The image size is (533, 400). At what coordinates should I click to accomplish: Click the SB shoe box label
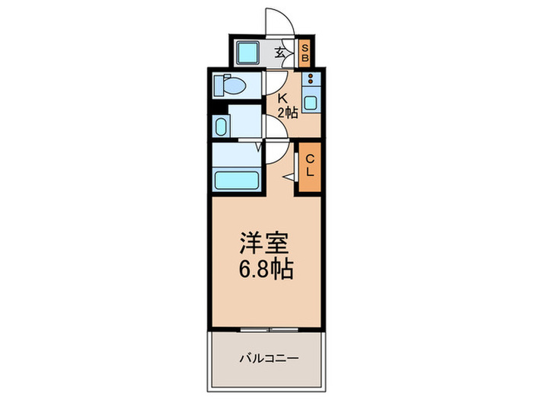[304, 53]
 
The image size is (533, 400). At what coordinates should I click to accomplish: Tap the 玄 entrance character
[279, 53]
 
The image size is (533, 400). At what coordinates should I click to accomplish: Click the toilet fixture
[229, 85]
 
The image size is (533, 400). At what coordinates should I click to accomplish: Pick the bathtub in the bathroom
[238, 181]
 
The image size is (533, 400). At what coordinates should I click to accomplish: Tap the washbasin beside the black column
[221, 126]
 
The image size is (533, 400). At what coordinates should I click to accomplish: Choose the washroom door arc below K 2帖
[276, 131]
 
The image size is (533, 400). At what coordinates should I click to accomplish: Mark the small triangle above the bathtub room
[257, 147]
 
